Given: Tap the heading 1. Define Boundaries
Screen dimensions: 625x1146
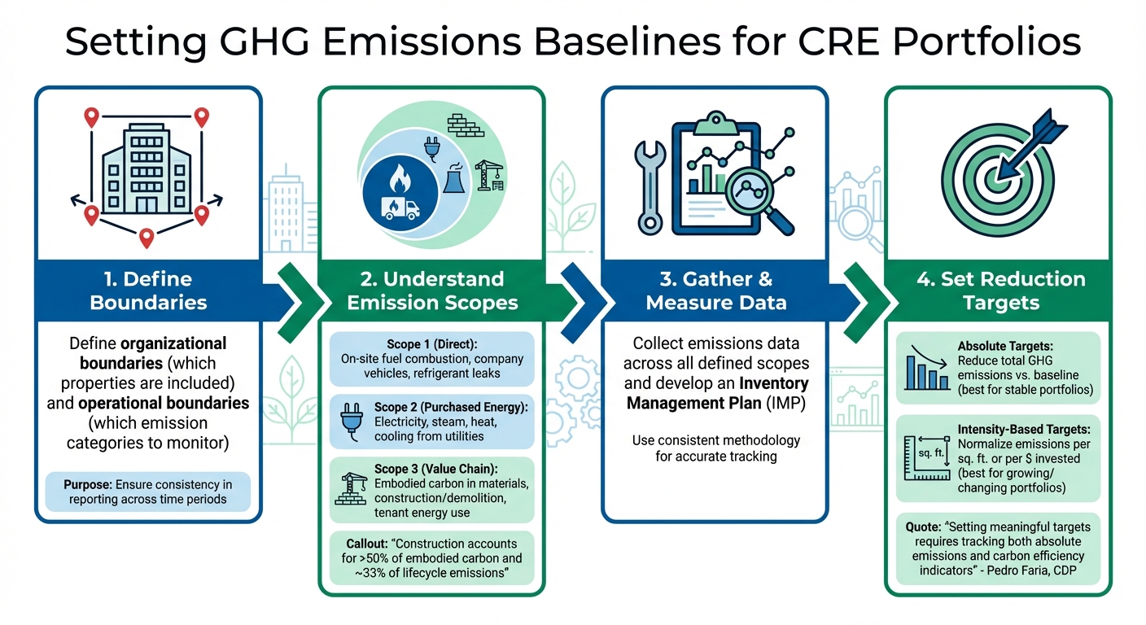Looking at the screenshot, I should tap(148, 291).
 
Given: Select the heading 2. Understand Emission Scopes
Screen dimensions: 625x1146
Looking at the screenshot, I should tap(432, 291).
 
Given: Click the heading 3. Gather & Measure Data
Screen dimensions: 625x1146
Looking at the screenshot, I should tap(715, 291).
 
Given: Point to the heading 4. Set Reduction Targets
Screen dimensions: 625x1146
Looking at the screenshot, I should tap(1000, 291).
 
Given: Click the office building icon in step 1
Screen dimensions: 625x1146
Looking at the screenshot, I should tap(147, 172).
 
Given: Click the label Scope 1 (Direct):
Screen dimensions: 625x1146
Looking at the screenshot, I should tap(432, 344).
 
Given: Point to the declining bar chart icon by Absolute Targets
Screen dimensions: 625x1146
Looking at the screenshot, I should tap(925, 369).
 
